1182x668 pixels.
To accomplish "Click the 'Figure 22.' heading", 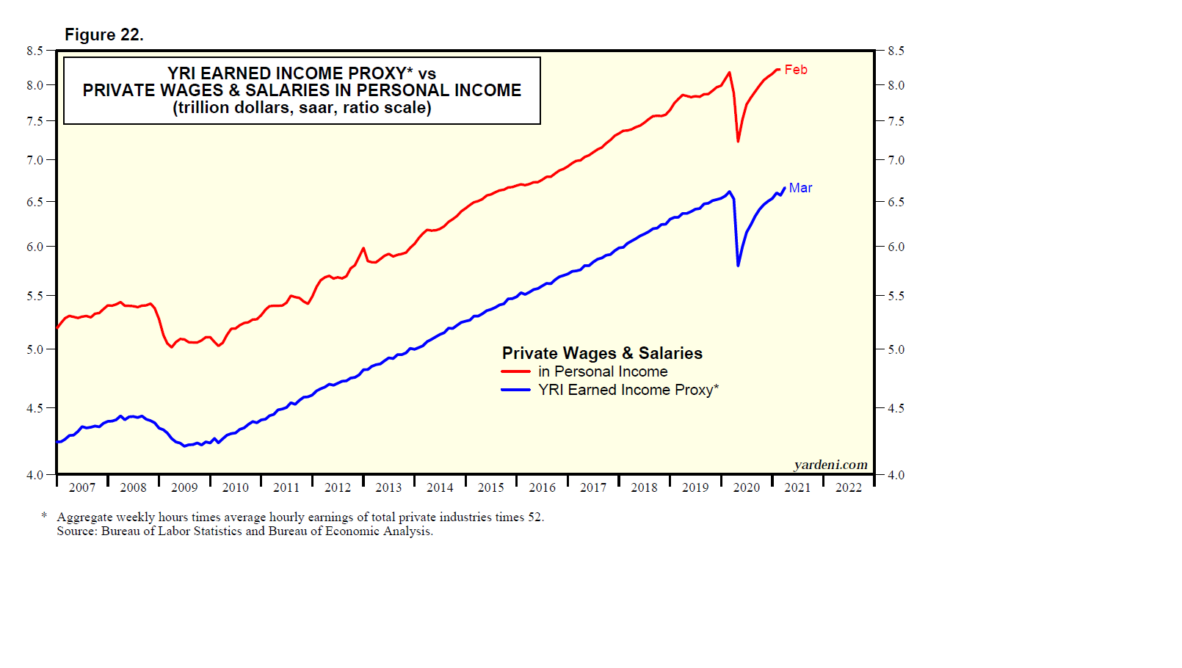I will click(x=104, y=35).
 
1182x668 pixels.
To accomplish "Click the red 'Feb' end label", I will click(x=796, y=70).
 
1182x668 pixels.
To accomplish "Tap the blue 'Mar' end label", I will click(x=800, y=188).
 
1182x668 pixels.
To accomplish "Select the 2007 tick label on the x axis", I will click(x=82, y=487).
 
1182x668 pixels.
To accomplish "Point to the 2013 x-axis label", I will click(x=388, y=487).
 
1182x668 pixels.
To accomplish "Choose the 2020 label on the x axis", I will click(x=747, y=487).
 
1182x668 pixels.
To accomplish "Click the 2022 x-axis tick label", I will click(x=849, y=487).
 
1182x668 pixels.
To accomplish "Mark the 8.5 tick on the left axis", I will click(x=35, y=51).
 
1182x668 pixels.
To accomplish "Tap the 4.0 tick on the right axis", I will click(x=896, y=475).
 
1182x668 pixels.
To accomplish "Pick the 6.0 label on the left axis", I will click(x=35, y=247).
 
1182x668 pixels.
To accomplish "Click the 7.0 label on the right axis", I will click(x=896, y=160).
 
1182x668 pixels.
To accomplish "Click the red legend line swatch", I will click(x=515, y=371).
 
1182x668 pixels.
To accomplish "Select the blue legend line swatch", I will click(x=515, y=390).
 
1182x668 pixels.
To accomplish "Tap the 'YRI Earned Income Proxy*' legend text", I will click(x=628, y=390).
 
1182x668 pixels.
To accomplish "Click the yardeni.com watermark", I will click(x=830, y=465).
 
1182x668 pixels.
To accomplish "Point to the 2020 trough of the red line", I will click(x=738, y=140).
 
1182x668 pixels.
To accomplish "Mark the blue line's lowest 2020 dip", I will click(x=738, y=264).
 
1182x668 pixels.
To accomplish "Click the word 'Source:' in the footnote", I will click(x=77, y=531).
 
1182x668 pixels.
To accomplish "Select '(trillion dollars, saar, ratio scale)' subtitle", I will click(x=302, y=108).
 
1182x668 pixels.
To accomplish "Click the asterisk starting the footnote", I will click(x=45, y=516).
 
